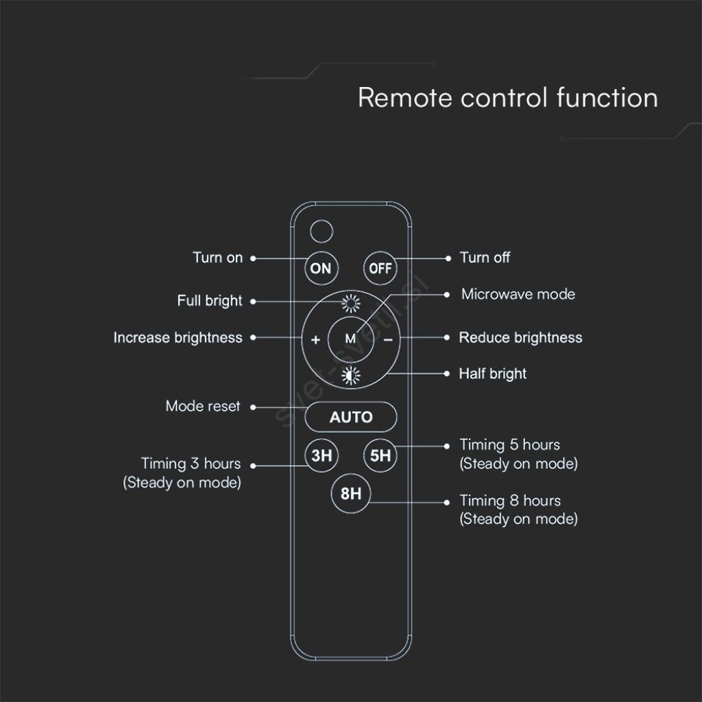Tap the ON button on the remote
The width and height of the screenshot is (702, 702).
(321, 268)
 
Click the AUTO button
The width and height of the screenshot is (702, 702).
(350, 417)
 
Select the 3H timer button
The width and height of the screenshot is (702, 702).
(321, 455)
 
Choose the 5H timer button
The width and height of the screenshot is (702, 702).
(380, 455)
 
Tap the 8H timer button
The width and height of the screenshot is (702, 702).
(350, 494)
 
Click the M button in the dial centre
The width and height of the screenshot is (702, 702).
(350, 339)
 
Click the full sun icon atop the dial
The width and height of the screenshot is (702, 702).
(350, 304)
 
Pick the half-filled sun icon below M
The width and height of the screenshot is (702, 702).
(350, 376)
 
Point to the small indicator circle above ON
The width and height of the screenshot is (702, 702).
(322, 232)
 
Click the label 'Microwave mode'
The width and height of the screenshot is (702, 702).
(518, 294)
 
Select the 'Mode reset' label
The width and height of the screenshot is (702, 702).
(203, 406)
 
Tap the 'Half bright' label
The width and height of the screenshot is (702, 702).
(492, 374)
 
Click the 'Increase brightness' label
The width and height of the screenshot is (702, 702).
(178, 337)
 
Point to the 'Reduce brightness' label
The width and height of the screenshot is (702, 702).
(521, 337)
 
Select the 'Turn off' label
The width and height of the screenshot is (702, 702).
(485, 258)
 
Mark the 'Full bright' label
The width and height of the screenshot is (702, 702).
(210, 301)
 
